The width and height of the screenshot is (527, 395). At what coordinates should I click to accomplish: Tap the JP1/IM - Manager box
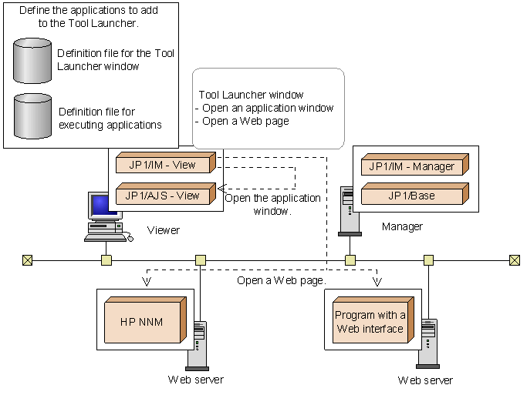point(411,166)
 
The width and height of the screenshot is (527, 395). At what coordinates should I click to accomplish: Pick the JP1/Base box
point(411,195)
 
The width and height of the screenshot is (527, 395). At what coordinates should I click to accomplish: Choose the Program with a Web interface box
point(370,322)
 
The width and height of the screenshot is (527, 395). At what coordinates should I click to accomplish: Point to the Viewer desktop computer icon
point(106,216)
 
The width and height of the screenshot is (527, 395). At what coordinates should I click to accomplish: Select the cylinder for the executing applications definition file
point(32,116)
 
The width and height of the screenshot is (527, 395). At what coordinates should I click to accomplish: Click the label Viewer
point(163,230)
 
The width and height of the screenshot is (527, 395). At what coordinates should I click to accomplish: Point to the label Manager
point(402,226)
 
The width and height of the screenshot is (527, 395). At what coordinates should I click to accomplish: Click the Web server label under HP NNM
point(195,380)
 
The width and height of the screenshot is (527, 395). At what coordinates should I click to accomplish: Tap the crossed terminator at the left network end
point(28,260)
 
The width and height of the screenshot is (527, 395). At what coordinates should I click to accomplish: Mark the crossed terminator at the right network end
point(515,260)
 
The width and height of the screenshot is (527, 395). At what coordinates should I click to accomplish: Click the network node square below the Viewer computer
point(106,260)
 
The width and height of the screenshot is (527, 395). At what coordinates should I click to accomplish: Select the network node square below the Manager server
point(350,260)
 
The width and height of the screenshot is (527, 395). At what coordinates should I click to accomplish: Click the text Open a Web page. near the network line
point(282,280)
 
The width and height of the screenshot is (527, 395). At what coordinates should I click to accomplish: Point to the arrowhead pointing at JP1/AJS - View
point(221,187)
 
